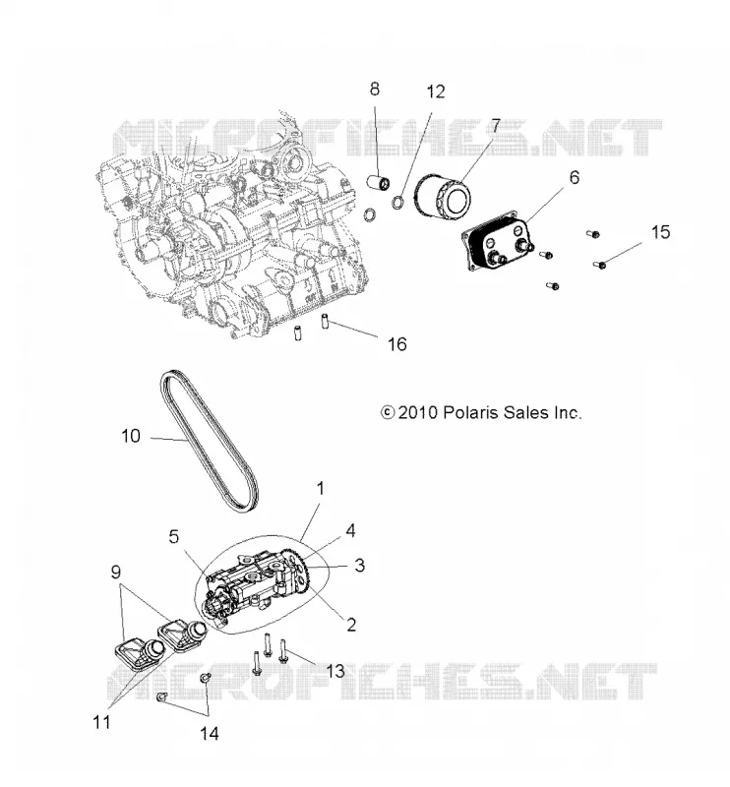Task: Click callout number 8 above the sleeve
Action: (x=374, y=90)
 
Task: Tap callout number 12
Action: (x=435, y=91)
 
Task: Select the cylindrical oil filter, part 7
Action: (x=442, y=195)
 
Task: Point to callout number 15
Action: (x=660, y=232)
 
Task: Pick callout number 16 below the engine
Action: (x=396, y=344)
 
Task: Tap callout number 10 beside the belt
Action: (x=131, y=436)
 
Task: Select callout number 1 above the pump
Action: (x=320, y=488)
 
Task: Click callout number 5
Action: (x=174, y=536)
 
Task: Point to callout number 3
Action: (x=359, y=566)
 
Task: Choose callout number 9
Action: (x=116, y=572)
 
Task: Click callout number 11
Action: (x=101, y=722)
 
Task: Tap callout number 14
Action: (x=210, y=734)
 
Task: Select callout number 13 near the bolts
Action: (x=335, y=671)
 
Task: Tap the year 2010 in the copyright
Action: (x=418, y=412)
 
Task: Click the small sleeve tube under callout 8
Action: (x=379, y=182)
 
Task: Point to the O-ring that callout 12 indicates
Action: (x=397, y=203)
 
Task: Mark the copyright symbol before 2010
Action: (x=387, y=412)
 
